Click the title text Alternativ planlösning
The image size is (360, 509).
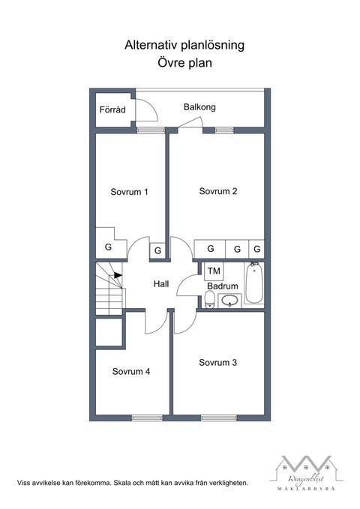click(184, 46)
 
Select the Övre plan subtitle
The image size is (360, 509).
click(184, 64)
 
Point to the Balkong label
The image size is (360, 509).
click(199, 107)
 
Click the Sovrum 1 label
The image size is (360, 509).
click(129, 192)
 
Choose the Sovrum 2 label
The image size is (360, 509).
click(218, 191)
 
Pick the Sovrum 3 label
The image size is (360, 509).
click(218, 363)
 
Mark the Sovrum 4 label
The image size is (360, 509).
click(131, 371)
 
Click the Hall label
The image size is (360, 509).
click(161, 284)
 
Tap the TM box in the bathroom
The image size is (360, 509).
click(214, 271)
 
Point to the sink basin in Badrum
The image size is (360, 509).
click(229, 301)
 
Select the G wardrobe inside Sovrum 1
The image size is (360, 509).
click(108, 247)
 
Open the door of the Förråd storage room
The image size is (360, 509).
click(147, 112)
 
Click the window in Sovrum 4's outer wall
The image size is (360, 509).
click(147, 418)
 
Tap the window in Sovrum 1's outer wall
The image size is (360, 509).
click(151, 130)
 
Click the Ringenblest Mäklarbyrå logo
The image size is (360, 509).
click(304, 473)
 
